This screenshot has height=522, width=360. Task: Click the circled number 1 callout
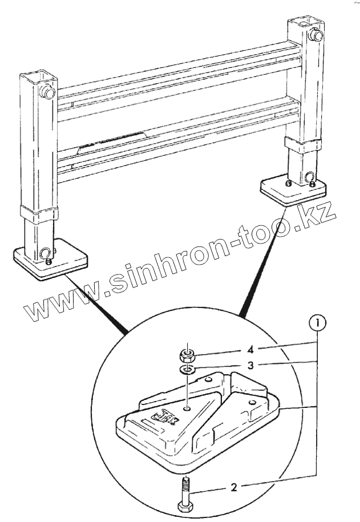(x=318, y=323)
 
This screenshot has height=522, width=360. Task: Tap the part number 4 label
(x=233, y=348)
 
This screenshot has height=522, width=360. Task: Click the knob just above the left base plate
(x=44, y=253)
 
